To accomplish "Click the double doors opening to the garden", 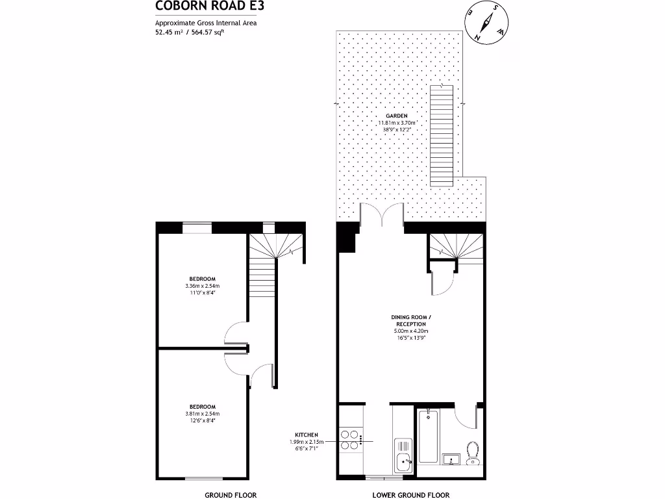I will (383, 214).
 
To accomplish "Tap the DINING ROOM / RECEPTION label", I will (410, 320).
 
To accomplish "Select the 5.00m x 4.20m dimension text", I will (411, 331).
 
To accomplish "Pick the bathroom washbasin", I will (451, 459).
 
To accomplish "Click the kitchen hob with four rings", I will (349, 440).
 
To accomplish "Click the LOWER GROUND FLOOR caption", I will (410, 495).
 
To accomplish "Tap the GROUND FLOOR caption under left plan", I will (231, 495).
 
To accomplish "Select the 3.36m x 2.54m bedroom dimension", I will (203, 286).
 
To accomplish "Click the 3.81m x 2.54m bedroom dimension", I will (203, 414).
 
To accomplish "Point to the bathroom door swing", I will (466, 416).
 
